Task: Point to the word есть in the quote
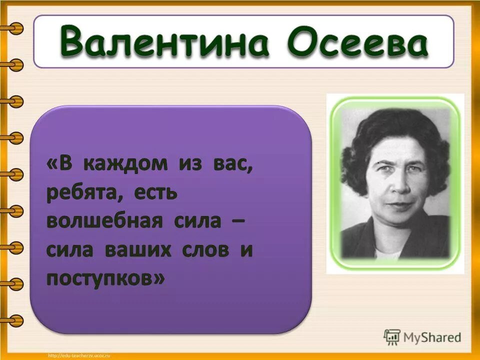pyautogui.click(x=155, y=193)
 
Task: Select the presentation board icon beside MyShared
pyautogui.click(x=391, y=337)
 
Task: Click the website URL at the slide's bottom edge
pyautogui.click(x=78, y=355)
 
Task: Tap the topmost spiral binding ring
pyautogui.click(x=14, y=28)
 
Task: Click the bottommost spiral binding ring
pyautogui.click(x=14, y=320)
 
